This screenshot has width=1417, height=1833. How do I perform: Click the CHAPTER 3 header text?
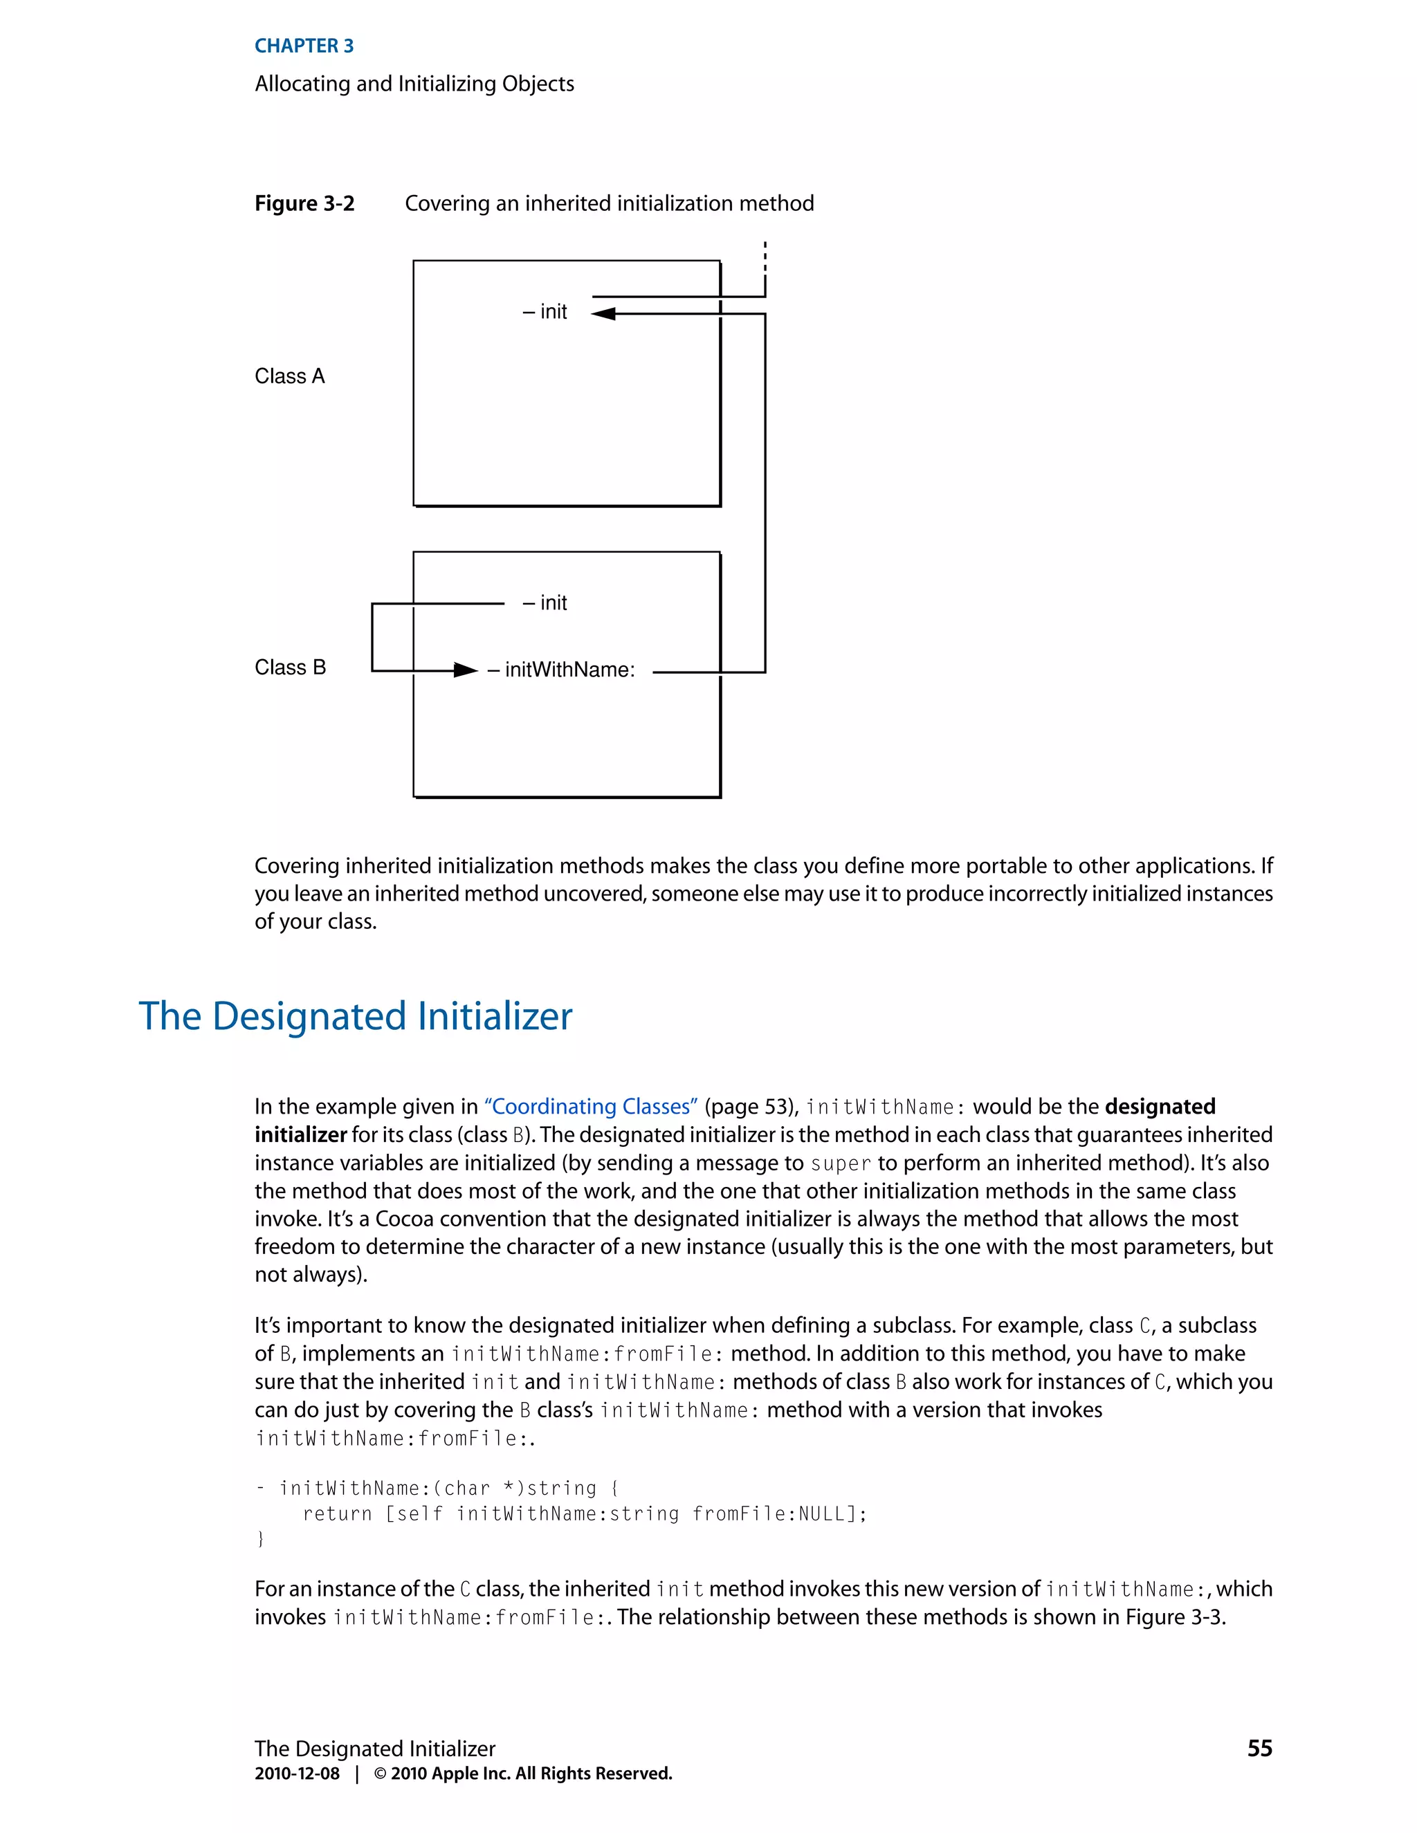point(304,46)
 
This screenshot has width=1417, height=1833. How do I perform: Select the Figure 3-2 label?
point(304,204)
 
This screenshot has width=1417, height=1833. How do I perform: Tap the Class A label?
point(289,376)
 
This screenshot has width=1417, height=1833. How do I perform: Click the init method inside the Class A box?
point(546,312)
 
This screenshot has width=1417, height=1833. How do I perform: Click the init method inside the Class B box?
point(546,603)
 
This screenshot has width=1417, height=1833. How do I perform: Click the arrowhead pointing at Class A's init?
point(603,314)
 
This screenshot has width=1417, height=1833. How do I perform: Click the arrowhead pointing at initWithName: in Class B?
point(465,670)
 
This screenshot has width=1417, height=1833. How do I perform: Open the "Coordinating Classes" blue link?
point(591,1107)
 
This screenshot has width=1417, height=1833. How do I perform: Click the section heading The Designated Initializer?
point(355,1016)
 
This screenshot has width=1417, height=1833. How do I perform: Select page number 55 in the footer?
point(1259,1748)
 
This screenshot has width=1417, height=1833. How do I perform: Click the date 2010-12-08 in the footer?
point(297,1774)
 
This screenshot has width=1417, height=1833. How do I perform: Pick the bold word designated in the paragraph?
point(1160,1107)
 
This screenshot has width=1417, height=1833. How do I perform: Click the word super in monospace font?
point(840,1164)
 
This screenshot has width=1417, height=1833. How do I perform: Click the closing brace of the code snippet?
point(260,1539)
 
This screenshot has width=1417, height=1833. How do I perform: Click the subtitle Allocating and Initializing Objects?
point(414,84)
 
